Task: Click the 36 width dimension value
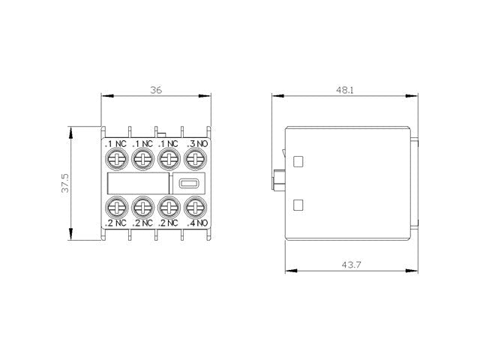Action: point(156,90)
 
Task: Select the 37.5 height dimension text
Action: point(66,184)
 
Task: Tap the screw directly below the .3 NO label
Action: point(195,159)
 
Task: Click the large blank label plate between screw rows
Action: point(137,183)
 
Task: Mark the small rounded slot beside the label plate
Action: point(188,183)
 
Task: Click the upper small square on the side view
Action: point(298,160)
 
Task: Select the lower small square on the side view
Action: point(298,205)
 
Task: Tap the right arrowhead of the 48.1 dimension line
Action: point(416,96)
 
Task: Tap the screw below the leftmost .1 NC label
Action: point(117,159)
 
